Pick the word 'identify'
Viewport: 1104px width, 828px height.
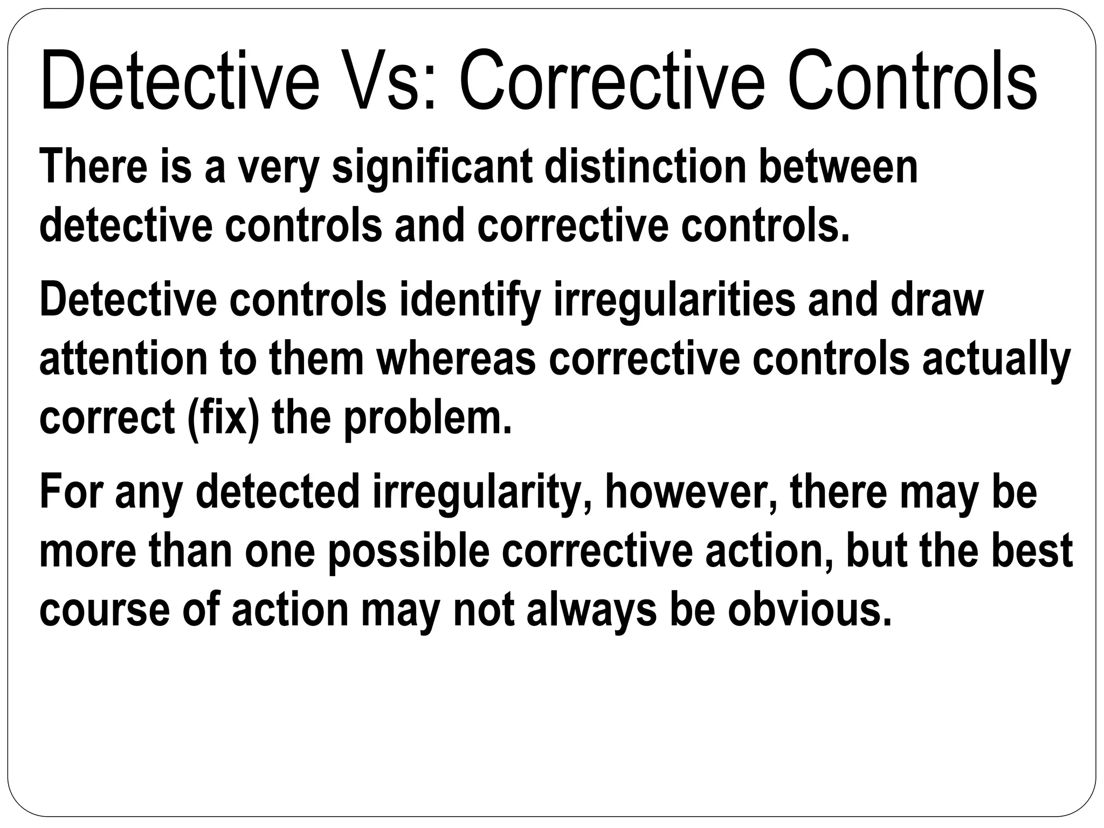(470, 300)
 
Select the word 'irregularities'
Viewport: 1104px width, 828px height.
(674, 300)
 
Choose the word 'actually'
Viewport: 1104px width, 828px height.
(996, 360)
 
